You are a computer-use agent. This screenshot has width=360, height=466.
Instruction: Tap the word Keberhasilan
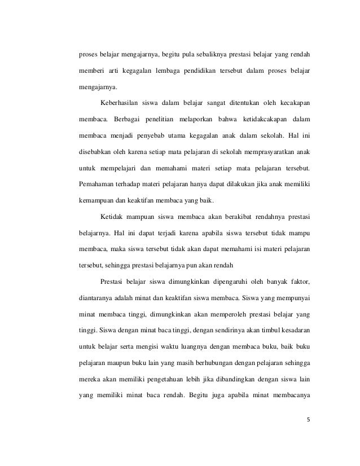121,103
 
